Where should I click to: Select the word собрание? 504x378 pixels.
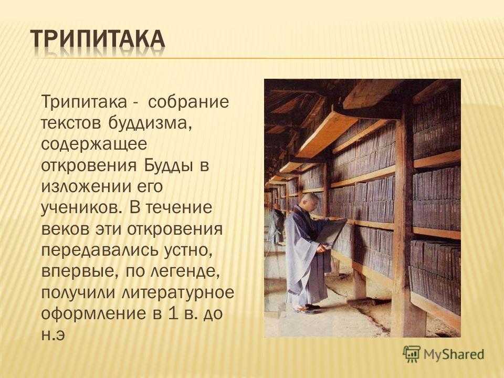tap(188, 102)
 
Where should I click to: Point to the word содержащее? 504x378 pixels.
tap(94, 145)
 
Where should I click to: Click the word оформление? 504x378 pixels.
tap(93, 314)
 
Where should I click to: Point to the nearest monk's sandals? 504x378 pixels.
tap(308, 309)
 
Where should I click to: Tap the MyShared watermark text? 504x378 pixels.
tap(454, 354)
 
